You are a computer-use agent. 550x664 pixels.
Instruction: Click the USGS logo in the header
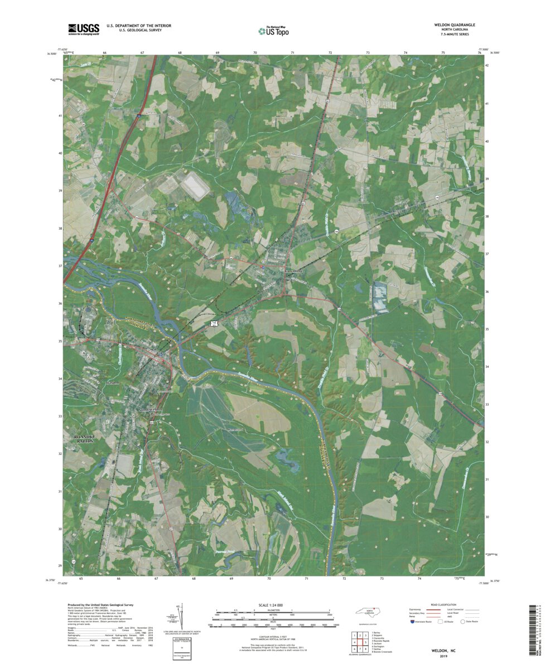pos(83,28)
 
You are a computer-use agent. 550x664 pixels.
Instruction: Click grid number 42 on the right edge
pos(487,66)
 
